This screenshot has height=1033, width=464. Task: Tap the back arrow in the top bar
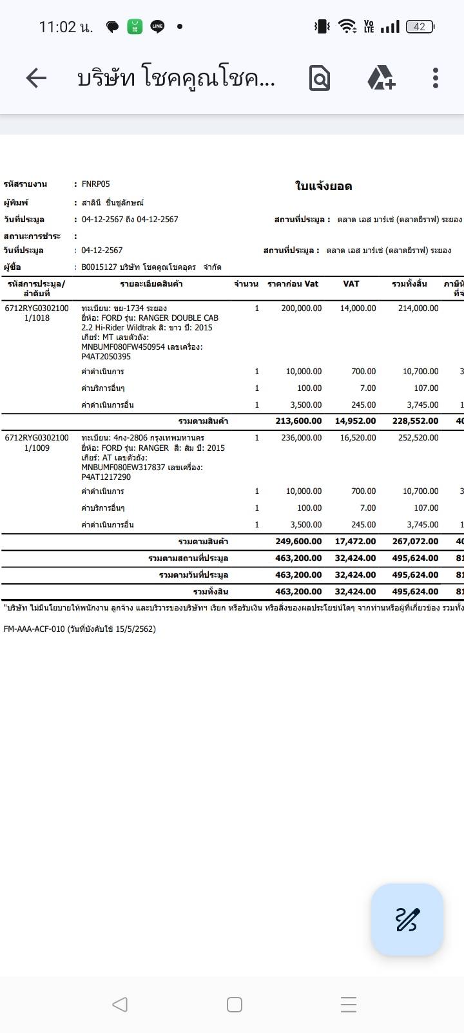click(36, 78)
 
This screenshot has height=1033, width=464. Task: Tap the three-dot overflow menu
click(436, 78)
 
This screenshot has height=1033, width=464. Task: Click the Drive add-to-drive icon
click(381, 78)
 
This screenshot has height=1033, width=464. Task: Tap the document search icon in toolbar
click(320, 78)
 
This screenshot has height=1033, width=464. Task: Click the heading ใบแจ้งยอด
click(324, 186)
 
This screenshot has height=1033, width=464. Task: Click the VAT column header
click(351, 283)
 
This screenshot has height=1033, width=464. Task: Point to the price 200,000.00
click(301, 308)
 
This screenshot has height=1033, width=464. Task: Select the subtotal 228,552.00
click(415, 421)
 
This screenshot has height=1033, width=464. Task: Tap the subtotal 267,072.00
click(415, 542)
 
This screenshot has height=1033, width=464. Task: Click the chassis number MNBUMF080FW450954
click(123, 347)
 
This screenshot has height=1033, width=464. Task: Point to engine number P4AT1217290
click(106, 477)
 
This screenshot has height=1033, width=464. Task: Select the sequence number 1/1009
click(37, 448)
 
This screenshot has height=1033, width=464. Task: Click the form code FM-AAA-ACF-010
click(34, 629)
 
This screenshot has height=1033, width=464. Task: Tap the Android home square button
click(235, 1004)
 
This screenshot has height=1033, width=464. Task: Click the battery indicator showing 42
click(420, 26)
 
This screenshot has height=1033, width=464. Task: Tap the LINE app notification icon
click(157, 26)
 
